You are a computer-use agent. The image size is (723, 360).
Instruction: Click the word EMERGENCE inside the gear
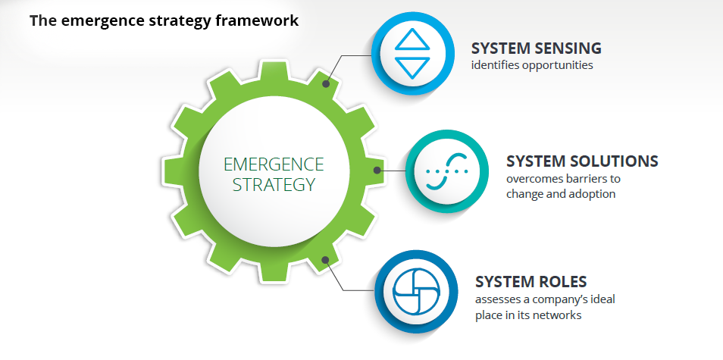pyautogui.click(x=274, y=164)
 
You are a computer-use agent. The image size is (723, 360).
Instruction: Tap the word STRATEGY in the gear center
pyautogui.click(x=274, y=184)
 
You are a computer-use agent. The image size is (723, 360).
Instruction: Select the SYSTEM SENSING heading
pyautogui.click(x=537, y=48)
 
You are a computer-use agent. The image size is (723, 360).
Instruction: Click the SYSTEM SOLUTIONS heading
pyautogui.click(x=582, y=161)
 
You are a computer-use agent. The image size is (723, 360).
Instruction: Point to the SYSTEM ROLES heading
pyautogui.click(x=531, y=281)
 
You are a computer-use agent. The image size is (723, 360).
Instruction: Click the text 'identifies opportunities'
pyautogui.click(x=532, y=65)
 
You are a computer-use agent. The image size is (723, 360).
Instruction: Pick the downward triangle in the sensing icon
pyautogui.click(x=412, y=67)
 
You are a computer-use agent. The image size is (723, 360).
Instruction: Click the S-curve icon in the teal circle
pyautogui.click(x=447, y=171)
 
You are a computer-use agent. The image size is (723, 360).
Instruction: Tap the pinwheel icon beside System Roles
pyautogui.click(x=416, y=291)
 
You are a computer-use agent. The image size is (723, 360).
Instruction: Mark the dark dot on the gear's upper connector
pyautogui.click(x=326, y=84)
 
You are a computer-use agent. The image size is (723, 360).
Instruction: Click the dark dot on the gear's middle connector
pyautogui.click(x=377, y=170)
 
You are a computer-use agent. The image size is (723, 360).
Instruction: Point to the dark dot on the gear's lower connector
pyautogui.click(x=325, y=260)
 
